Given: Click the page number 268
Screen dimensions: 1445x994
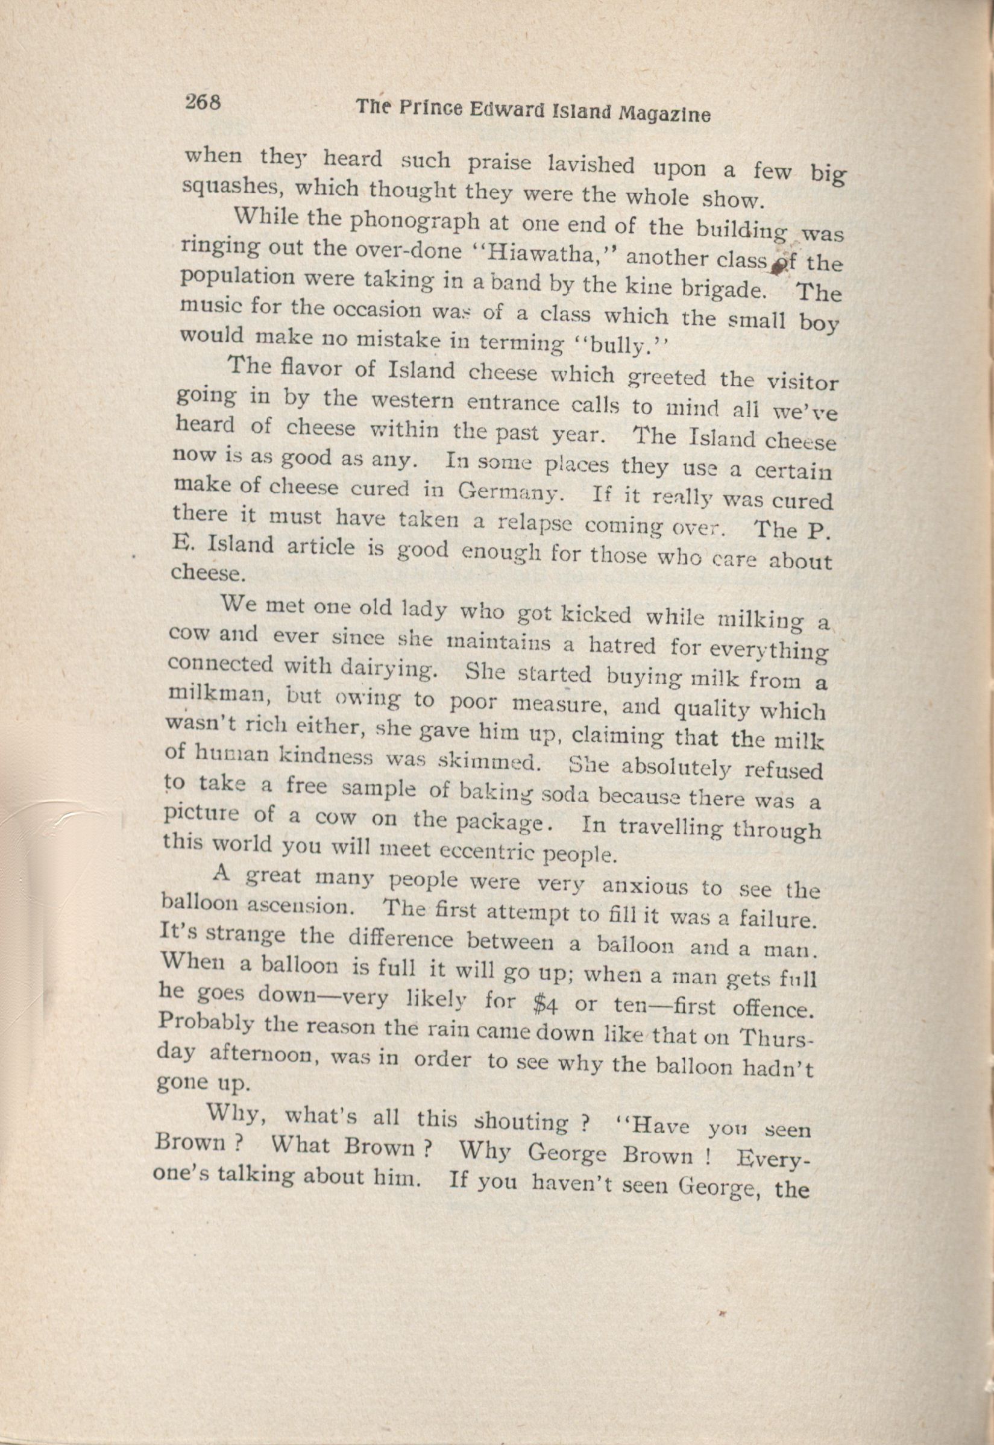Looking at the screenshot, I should [x=203, y=101].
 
